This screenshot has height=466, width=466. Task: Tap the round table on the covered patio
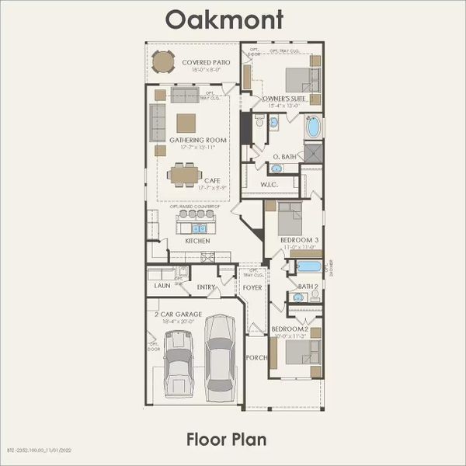click(163, 62)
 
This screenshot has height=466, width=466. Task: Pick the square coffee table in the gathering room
click(186, 123)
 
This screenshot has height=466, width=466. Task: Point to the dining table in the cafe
click(184, 175)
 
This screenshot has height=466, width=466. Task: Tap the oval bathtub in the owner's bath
click(315, 127)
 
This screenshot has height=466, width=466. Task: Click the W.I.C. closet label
click(270, 184)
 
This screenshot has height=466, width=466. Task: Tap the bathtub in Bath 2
click(308, 267)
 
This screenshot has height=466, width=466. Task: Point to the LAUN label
click(162, 286)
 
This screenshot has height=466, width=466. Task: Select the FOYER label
click(252, 287)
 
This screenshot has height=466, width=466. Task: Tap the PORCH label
click(256, 358)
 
